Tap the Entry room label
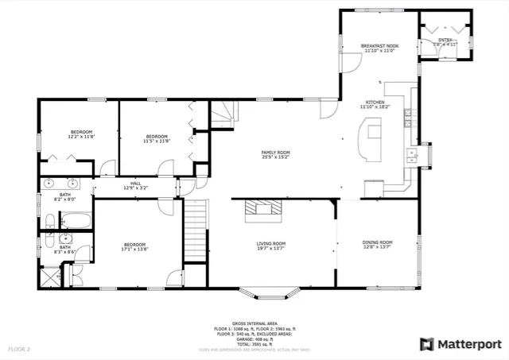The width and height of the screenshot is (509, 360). click(445, 39)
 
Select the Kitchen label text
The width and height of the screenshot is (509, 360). click(375, 103)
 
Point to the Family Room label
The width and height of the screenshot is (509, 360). click(276, 152)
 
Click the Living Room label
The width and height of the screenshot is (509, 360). click(270, 243)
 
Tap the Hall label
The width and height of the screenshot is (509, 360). click(136, 184)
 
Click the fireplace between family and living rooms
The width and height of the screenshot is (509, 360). click(262, 209)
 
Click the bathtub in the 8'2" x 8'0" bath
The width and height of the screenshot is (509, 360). click(77, 220)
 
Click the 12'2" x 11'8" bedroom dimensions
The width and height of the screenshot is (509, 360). click(82, 137)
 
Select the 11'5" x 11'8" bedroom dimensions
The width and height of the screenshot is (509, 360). click(157, 141)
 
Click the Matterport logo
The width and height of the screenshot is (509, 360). click(460, 343)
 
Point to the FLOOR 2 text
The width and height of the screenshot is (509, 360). click(19, 348)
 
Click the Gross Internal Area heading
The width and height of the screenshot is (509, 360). click(254, 323)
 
